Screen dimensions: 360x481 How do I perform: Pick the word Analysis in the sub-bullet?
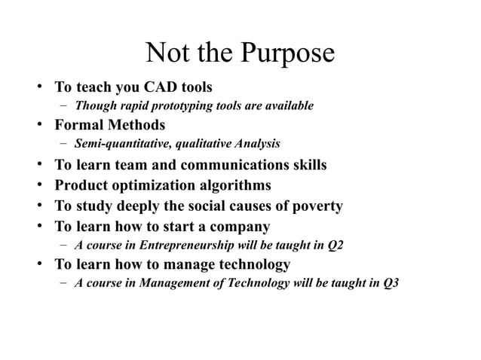tap(256, 143)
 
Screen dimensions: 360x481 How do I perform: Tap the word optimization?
tap(158, 185)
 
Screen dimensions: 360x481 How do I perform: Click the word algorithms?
tap(237, 185)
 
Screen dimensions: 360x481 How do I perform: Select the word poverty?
tap(317, 206)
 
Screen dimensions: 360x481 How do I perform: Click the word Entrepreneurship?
tap(181, 245)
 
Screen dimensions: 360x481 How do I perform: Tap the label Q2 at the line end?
tap(335, 245)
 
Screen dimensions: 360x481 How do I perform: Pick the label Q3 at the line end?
tap(391, 284)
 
